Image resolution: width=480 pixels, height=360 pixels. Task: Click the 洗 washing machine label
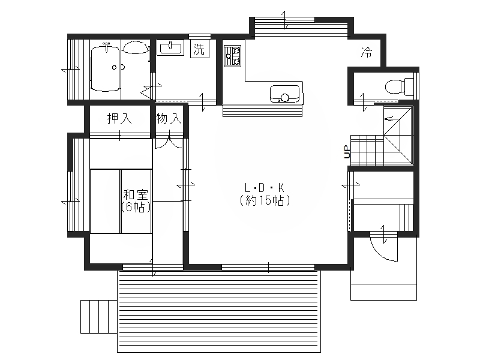click(x=199, y=49)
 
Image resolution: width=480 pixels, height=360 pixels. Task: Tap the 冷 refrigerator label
click(x=367, y=52)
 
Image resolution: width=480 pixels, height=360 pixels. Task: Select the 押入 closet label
click(x=119, y=118)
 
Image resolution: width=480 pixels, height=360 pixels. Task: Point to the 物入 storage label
click(x=169, y=118)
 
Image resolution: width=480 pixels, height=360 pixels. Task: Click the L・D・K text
click(x=265, y=187)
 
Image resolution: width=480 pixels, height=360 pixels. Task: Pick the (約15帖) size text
click(x=265, y=200)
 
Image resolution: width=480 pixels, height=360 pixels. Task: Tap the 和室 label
click(x=136, y=194)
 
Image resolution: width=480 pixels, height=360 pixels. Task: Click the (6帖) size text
click(x=136, y=207)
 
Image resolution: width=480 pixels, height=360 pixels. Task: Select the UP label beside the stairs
click(x=347, y=152)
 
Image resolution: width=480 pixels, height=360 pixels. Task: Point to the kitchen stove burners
click(x=232, y=56)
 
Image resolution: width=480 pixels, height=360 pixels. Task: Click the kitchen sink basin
click(x=284, y=94)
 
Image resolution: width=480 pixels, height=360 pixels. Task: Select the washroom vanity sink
click(x=170, y=48)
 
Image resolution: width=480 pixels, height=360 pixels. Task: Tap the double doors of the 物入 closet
click(x=169, y=143)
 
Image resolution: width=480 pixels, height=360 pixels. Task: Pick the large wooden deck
click(x=219, y=311)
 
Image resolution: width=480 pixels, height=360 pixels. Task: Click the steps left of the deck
click(x=99, y=317)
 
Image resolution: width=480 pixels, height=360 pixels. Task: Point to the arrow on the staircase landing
click(x=389, y=119)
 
